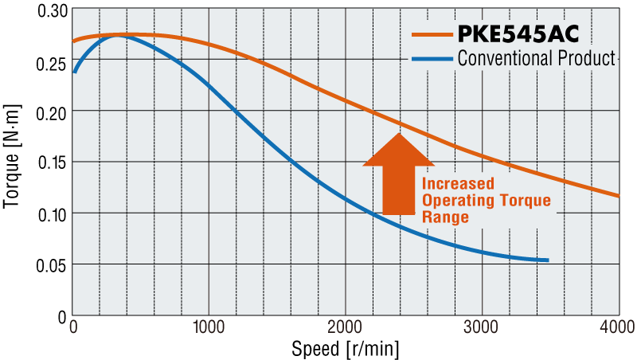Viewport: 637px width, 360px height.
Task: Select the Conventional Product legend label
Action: (536, 58)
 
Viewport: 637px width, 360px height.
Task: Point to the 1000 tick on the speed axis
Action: (209, 327)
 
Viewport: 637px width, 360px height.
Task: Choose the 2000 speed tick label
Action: (345, 327)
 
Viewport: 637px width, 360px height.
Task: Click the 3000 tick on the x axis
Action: (482, 327)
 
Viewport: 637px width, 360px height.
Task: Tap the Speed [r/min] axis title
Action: (345, 348)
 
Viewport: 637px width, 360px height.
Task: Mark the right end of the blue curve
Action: (549, 260)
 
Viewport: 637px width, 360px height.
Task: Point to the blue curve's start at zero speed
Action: (74, 72)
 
